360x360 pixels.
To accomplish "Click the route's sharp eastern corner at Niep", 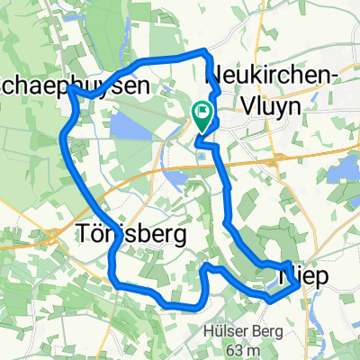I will (x=298, y=286).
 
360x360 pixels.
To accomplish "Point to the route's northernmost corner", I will (x=206, y=51).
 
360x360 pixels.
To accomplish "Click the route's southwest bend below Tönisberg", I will (x=113, y=281).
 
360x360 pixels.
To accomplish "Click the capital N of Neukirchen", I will (x=215, y=76).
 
